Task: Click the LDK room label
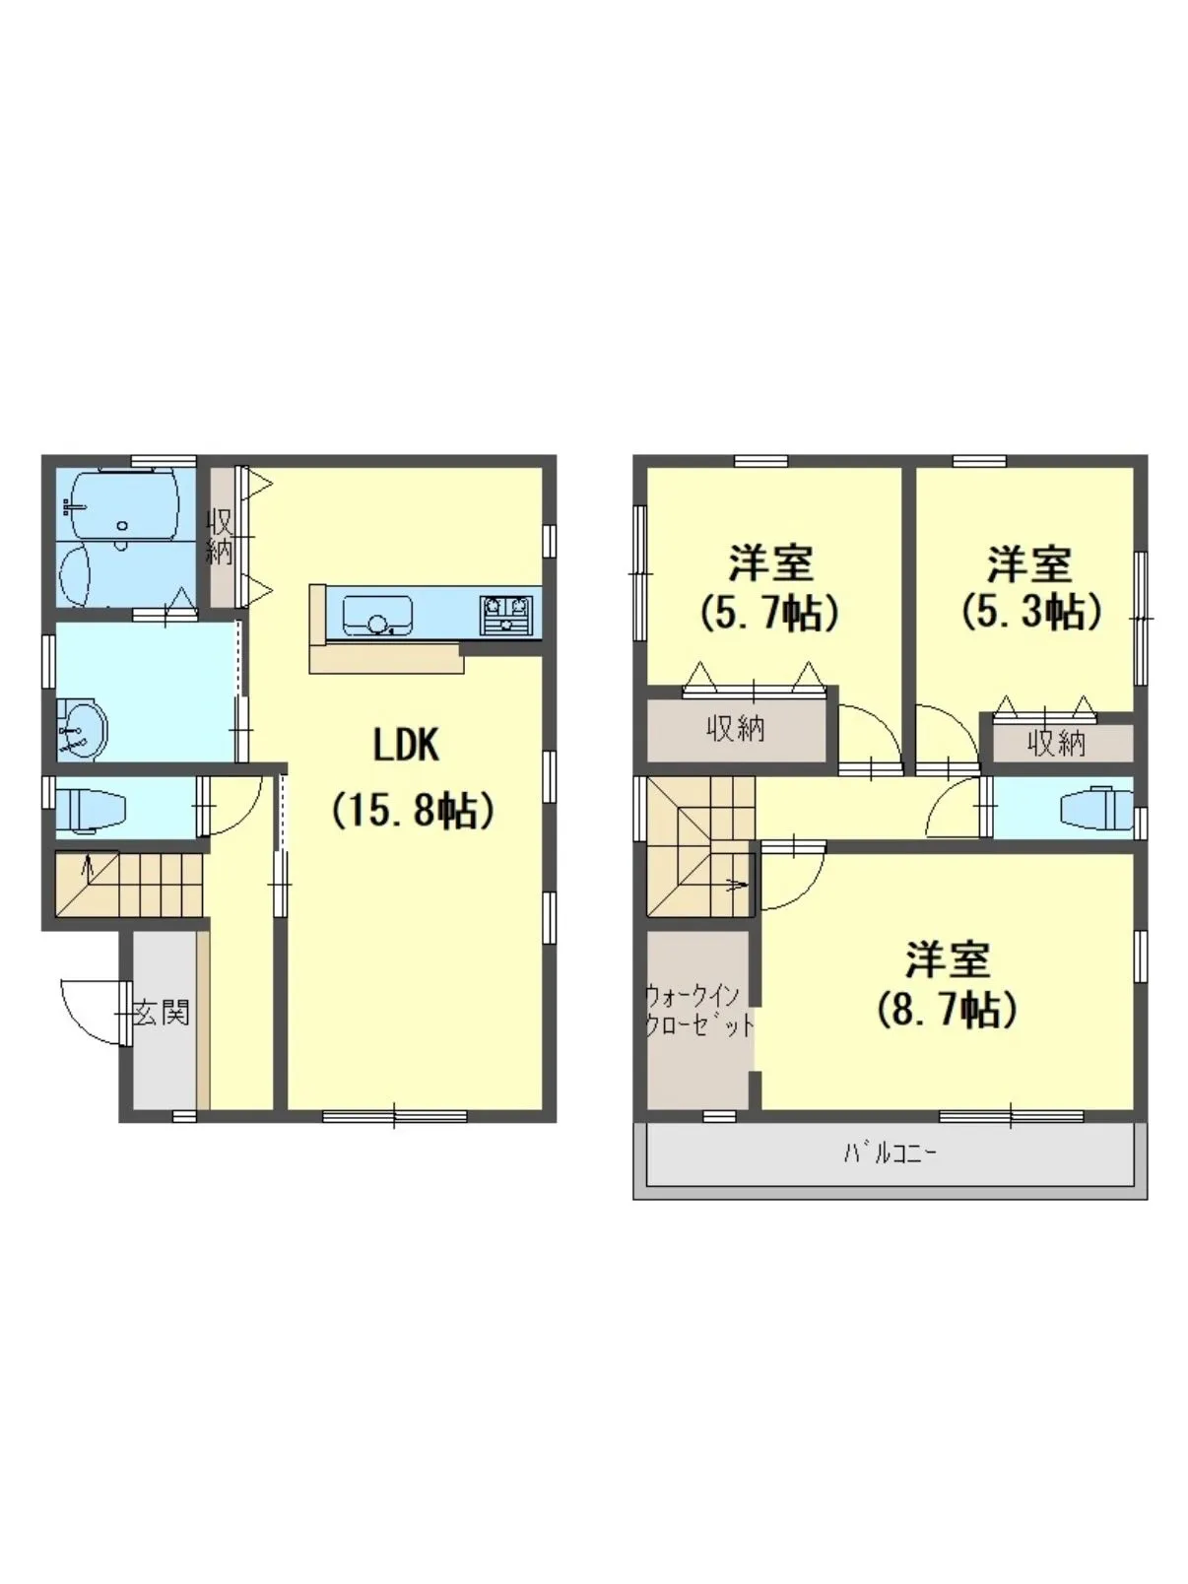(406, 745)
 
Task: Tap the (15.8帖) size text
(412, 811)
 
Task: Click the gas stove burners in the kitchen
(506, 615)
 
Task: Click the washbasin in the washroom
(82, 728)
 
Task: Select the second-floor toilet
(1097, 808)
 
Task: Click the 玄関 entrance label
(163, 1014)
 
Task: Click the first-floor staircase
(129, 885)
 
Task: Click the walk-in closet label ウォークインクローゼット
(698, 1011)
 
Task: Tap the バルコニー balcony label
(891, 1154)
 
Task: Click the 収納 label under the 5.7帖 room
(735, 730)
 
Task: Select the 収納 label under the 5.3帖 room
(1057, 743)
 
